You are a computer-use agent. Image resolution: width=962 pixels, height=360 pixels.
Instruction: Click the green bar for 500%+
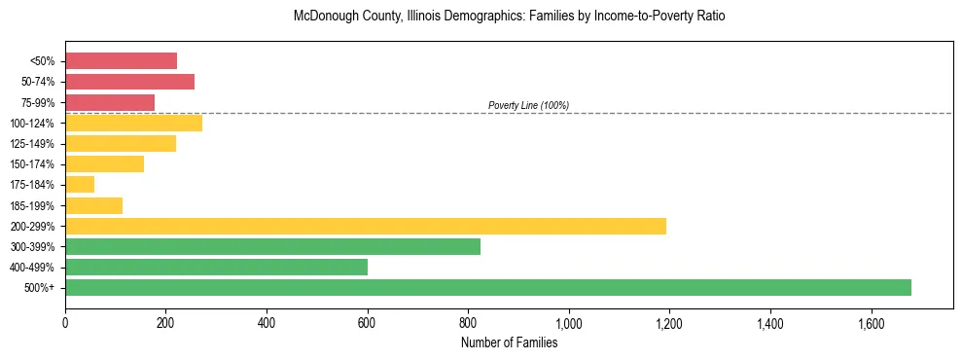(488, 288)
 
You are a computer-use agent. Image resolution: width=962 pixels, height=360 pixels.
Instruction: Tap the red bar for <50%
(122, 61)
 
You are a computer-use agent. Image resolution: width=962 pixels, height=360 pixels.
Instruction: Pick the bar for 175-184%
(80, 185)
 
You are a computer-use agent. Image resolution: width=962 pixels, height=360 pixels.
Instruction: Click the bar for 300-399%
(272, 247)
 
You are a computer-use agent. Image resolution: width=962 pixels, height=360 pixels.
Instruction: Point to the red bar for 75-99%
(110, 102)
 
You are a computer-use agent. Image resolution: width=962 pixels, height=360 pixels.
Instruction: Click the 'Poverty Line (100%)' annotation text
(528, 105)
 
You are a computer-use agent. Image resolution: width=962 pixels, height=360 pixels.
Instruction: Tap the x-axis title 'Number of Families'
(509, 342)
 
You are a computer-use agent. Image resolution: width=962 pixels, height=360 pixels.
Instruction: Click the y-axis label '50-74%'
(38, 82)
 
